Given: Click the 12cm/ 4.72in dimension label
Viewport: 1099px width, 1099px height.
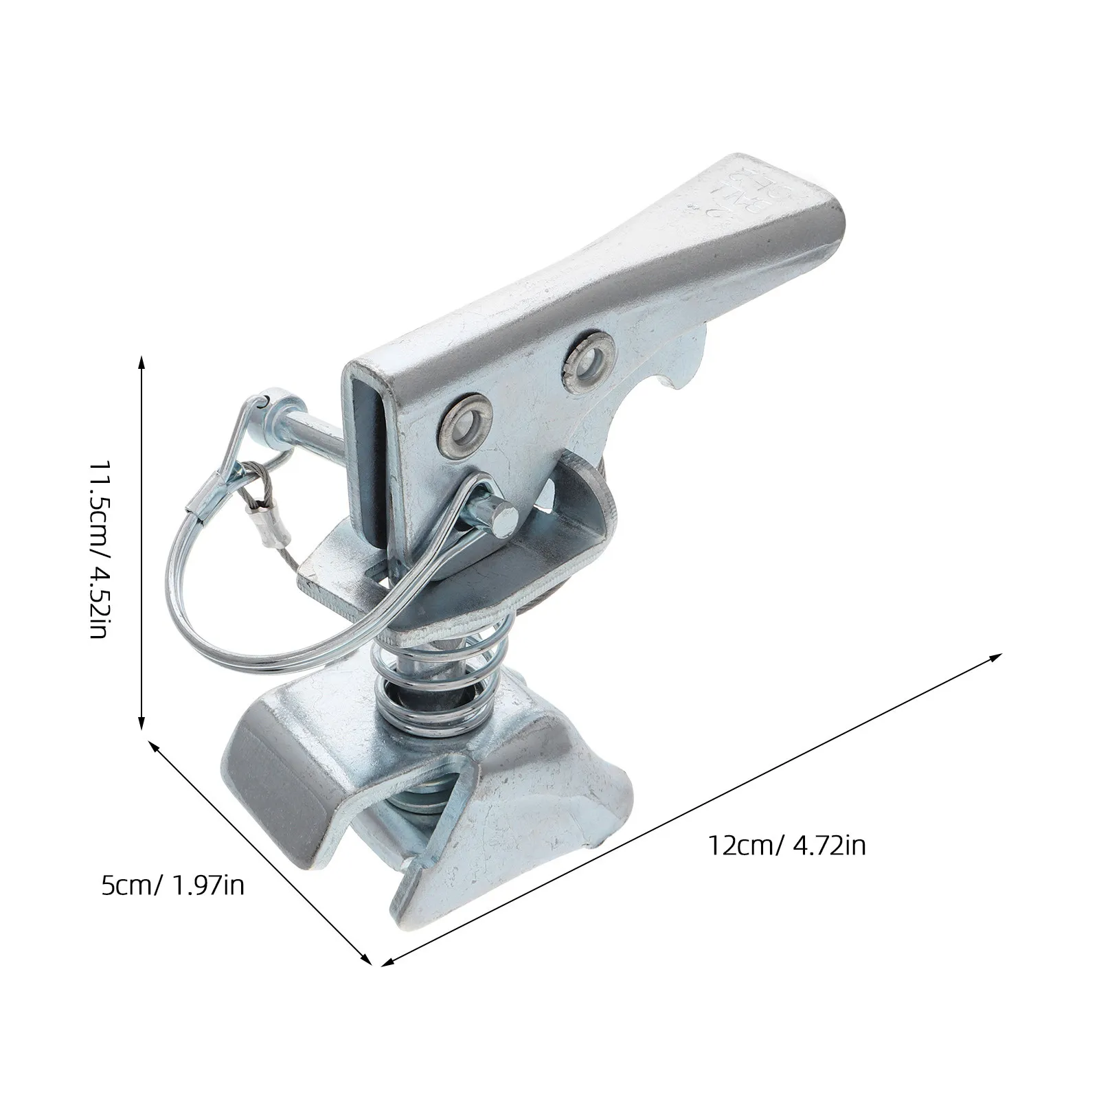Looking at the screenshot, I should [786, 846].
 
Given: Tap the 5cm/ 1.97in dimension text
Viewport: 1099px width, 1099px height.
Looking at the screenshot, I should [173, 886].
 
